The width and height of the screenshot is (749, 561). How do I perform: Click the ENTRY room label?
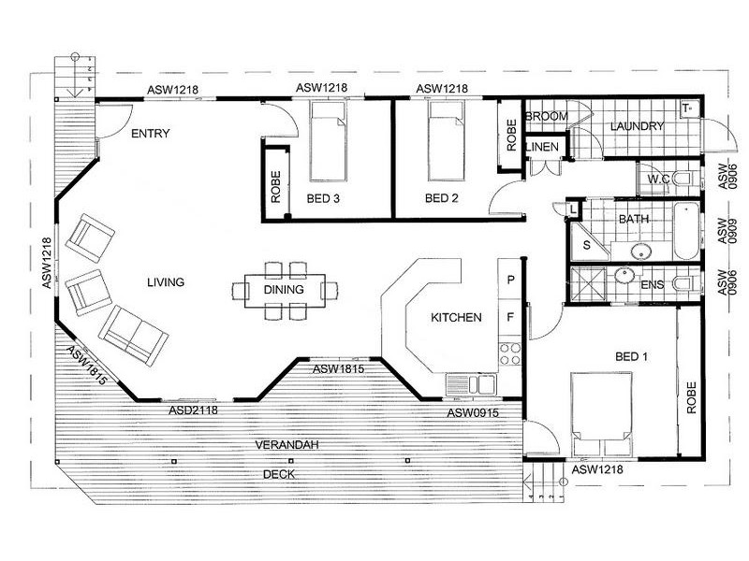pos(150,133)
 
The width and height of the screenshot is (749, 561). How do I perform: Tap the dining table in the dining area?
pos(285,289)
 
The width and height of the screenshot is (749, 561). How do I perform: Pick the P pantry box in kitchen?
pos(510,279)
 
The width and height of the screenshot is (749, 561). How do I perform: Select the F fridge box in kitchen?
pos(510,318)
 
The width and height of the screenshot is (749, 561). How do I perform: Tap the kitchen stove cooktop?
pos(510,354)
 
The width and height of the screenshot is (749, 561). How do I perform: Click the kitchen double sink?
pos(471,383)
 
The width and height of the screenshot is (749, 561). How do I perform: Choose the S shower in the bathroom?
pos(586,244)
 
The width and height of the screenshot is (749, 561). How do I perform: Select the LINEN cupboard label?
pos(542,148)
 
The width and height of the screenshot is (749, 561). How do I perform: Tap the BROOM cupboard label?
pos(542,116)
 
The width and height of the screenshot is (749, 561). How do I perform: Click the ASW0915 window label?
pos(471,412)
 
